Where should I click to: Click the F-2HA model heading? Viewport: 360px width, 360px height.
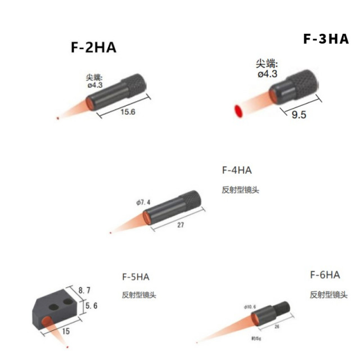click(x=93, y=47)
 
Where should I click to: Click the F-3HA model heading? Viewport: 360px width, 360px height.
click(x=326, y=39)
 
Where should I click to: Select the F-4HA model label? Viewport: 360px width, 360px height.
click(x=237, y=169)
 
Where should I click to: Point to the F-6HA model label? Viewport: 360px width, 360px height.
click(x=325, y=275)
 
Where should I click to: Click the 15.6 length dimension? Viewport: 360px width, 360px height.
click(x=129, y=112)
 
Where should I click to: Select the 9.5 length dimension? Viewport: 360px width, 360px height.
click(x=299, y=115)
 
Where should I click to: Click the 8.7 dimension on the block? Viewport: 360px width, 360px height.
click(x=84, y=290)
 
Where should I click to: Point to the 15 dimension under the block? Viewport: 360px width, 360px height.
click(x=66, y=332)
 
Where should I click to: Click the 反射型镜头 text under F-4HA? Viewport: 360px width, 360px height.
click(x=240, y=190)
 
